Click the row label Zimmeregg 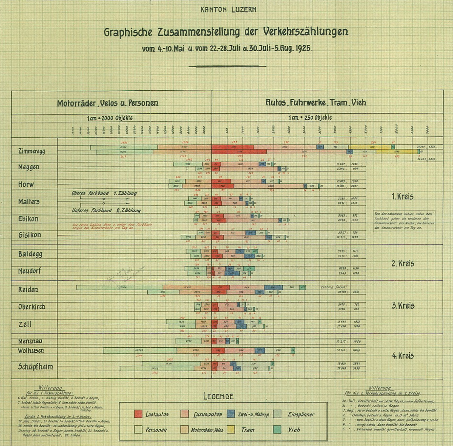click(31, 151)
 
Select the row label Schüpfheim click(35, 367)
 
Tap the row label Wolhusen click(31, 351)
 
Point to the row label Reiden click(28, 290)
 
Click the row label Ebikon click(28, 219)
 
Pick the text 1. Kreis click(402, 197)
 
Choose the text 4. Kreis click(403, 356)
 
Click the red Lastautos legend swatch click(138, 414)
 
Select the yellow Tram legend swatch click(231, 430)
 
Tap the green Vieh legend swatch click(277, 430)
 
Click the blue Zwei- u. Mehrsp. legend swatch click(231, 414)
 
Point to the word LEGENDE click(218, 396)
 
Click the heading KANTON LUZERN click(228, 10)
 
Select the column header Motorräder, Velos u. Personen click(108, 103)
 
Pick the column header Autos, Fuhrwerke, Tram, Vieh click(316, 103)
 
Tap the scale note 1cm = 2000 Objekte click(110, 118)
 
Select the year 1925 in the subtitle click(303, 49)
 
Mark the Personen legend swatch click(138, 430)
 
